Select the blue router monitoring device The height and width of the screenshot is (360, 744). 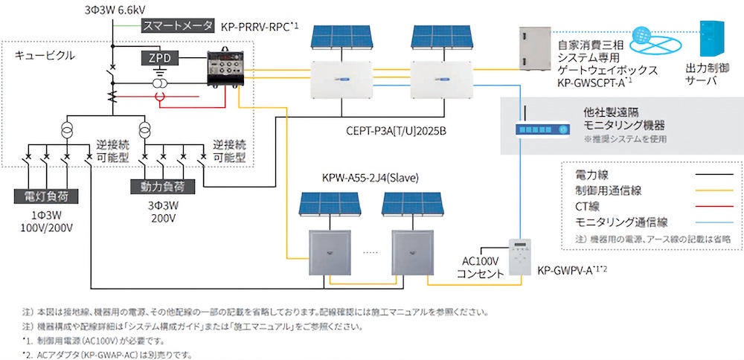pos(543,129)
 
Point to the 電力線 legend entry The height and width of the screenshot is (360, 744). pos(593,176)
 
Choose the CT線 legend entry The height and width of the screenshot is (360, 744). pos(588,206)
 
